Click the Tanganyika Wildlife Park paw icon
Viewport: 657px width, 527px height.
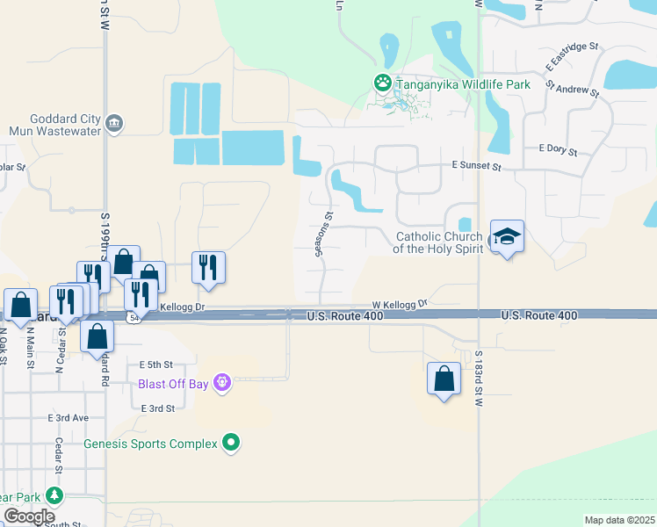point(383,83)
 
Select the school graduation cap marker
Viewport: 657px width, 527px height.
point(507,237)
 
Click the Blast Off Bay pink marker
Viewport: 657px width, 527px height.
point(223,383)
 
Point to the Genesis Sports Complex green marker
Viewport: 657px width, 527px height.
point(231,443)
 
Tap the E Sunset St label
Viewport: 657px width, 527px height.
point(475,165)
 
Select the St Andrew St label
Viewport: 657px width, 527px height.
point(572,87)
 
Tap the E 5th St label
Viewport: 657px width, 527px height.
point(156,364)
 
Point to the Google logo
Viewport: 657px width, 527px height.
point(29,516)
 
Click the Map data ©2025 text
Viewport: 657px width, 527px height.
point(619,520)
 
